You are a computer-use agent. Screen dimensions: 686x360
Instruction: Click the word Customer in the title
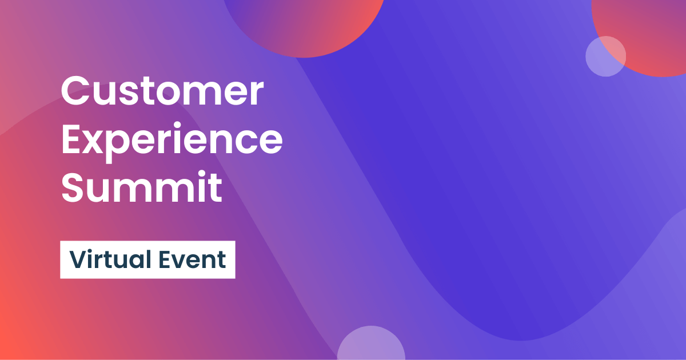pos(162,91)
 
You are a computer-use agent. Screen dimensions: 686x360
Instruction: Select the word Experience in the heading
pos(172,142)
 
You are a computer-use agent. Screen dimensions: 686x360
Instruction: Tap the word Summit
pos(142,187)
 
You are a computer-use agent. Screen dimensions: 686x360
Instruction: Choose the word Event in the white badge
pos(192,259)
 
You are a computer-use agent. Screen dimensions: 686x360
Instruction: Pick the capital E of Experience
pos(71,138)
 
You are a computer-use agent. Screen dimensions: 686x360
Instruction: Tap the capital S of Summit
pos(73,187)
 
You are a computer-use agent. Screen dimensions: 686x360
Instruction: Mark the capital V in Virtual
pos(79,259)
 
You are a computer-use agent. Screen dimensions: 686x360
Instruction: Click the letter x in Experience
pos(92,142)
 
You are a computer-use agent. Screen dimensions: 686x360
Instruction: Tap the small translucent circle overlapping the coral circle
pos(605,57)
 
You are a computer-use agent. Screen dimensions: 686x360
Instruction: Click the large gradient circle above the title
pos(304,25)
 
